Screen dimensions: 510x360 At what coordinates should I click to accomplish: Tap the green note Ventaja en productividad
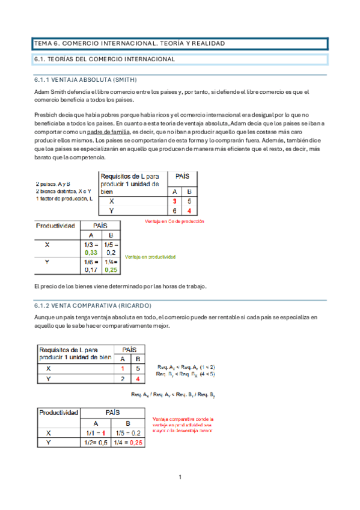coord(150,257)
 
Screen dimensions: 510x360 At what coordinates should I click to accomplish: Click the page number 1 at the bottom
coord(180,477)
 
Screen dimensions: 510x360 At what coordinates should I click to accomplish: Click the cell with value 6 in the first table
coord(175,210)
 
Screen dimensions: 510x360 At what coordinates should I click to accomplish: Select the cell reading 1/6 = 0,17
coord(91,266)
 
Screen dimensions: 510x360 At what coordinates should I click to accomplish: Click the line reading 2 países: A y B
coord(53,183)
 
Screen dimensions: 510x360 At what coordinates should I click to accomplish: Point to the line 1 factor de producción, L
coord(64,198)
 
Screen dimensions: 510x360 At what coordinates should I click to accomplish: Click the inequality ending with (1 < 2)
coord(186,367)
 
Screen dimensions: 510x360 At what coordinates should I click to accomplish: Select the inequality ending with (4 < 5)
coord(186,374)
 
